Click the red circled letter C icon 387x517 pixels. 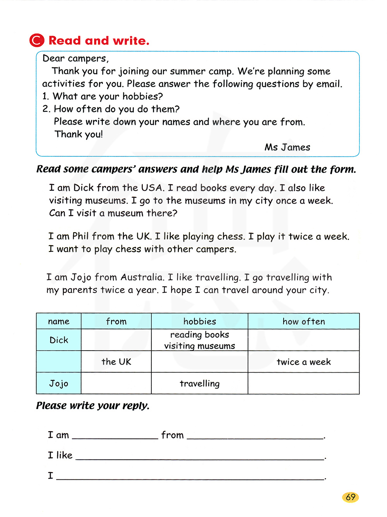(x=37, y=40)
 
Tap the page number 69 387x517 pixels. (x=351, y=497)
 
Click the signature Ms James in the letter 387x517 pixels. (x=287, y=147)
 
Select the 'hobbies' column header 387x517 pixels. (x=200, y=322)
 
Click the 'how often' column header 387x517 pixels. (x=304, y=322)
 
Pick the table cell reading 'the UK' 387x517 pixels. (x=116, y=362)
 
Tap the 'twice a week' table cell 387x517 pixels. (x=304, y=362)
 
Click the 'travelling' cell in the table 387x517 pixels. (x=200, y=383)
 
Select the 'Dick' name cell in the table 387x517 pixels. (x=59, y=340)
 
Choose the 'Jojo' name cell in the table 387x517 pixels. (x=59, y=383)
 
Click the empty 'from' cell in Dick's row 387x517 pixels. (x=116, y=340)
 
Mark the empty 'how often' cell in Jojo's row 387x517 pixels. (x=304, y=383)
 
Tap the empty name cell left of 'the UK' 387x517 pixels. (x=59, y=362)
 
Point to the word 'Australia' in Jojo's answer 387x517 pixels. (x=142, y=277)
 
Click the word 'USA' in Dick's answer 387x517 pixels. (x=151, y=188)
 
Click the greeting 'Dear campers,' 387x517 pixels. (x=76, y=58)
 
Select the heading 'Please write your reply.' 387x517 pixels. (x=93, y=406)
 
